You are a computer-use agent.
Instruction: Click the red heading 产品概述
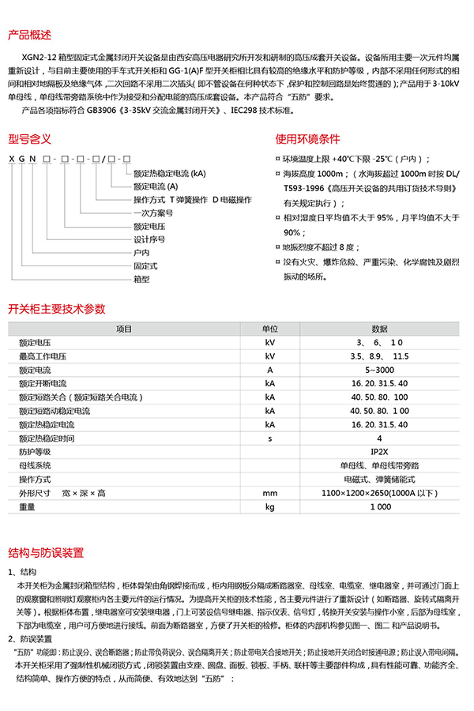(29, 36)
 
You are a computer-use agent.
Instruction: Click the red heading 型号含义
(29, 139)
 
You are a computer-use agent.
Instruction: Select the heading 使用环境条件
(307, 139)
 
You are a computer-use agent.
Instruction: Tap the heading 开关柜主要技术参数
(56, 309)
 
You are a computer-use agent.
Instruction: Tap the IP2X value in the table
(379, 452)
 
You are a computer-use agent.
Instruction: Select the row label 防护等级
(34, 452)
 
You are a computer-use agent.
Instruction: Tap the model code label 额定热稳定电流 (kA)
(170, 172)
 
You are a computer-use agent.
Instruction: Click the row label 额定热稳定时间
(47, 438)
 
